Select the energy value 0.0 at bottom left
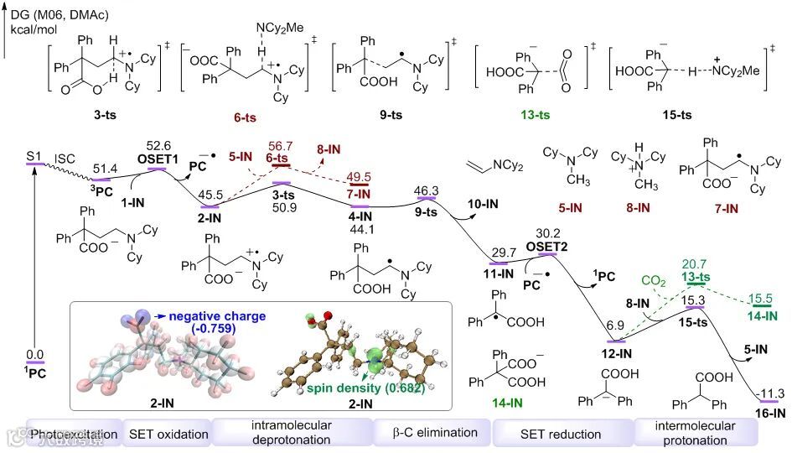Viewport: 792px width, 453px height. pos(34,355)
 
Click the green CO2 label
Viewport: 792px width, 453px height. pos(655,279)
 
